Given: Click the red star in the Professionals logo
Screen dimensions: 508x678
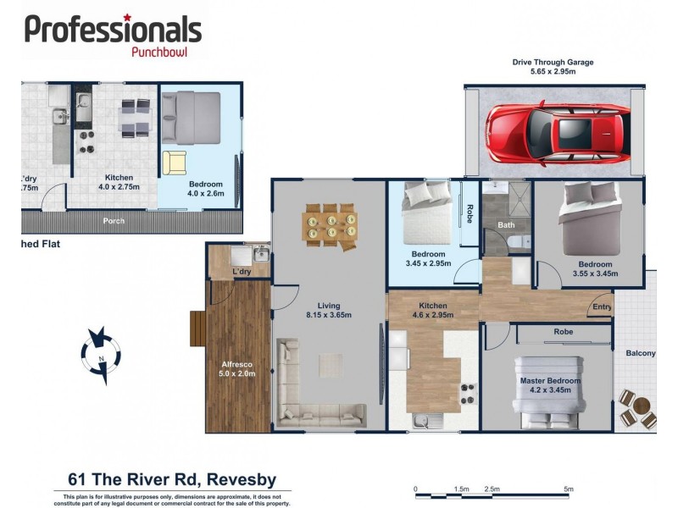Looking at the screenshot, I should click(x=127, y=17).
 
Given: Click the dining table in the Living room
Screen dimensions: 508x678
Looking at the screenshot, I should click(x=330, y=225).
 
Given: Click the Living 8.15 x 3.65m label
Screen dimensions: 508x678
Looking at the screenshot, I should click(x=329, y=311).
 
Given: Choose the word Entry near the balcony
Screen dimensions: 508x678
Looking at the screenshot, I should click(x=603, y=307).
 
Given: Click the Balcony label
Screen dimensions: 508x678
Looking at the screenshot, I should click(x=640, y=353).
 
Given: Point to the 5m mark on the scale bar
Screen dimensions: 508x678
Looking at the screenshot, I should click(x=569, y=489).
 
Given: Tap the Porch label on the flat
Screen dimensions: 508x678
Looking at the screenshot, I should click(x=114, y=222).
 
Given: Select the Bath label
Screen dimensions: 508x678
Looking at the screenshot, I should click(x=506, y=225).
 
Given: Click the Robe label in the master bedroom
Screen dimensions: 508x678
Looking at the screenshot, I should click(x=564, y=332).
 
